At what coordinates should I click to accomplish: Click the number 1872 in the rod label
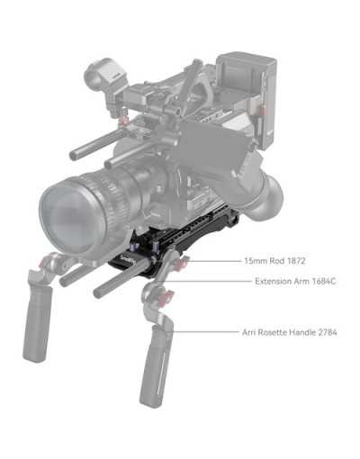point(296,261)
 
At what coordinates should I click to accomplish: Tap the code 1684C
point(324,282)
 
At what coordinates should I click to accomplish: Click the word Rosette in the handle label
point(271,332)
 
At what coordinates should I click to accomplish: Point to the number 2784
point(327,332)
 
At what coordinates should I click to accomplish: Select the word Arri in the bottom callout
point(248,332)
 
